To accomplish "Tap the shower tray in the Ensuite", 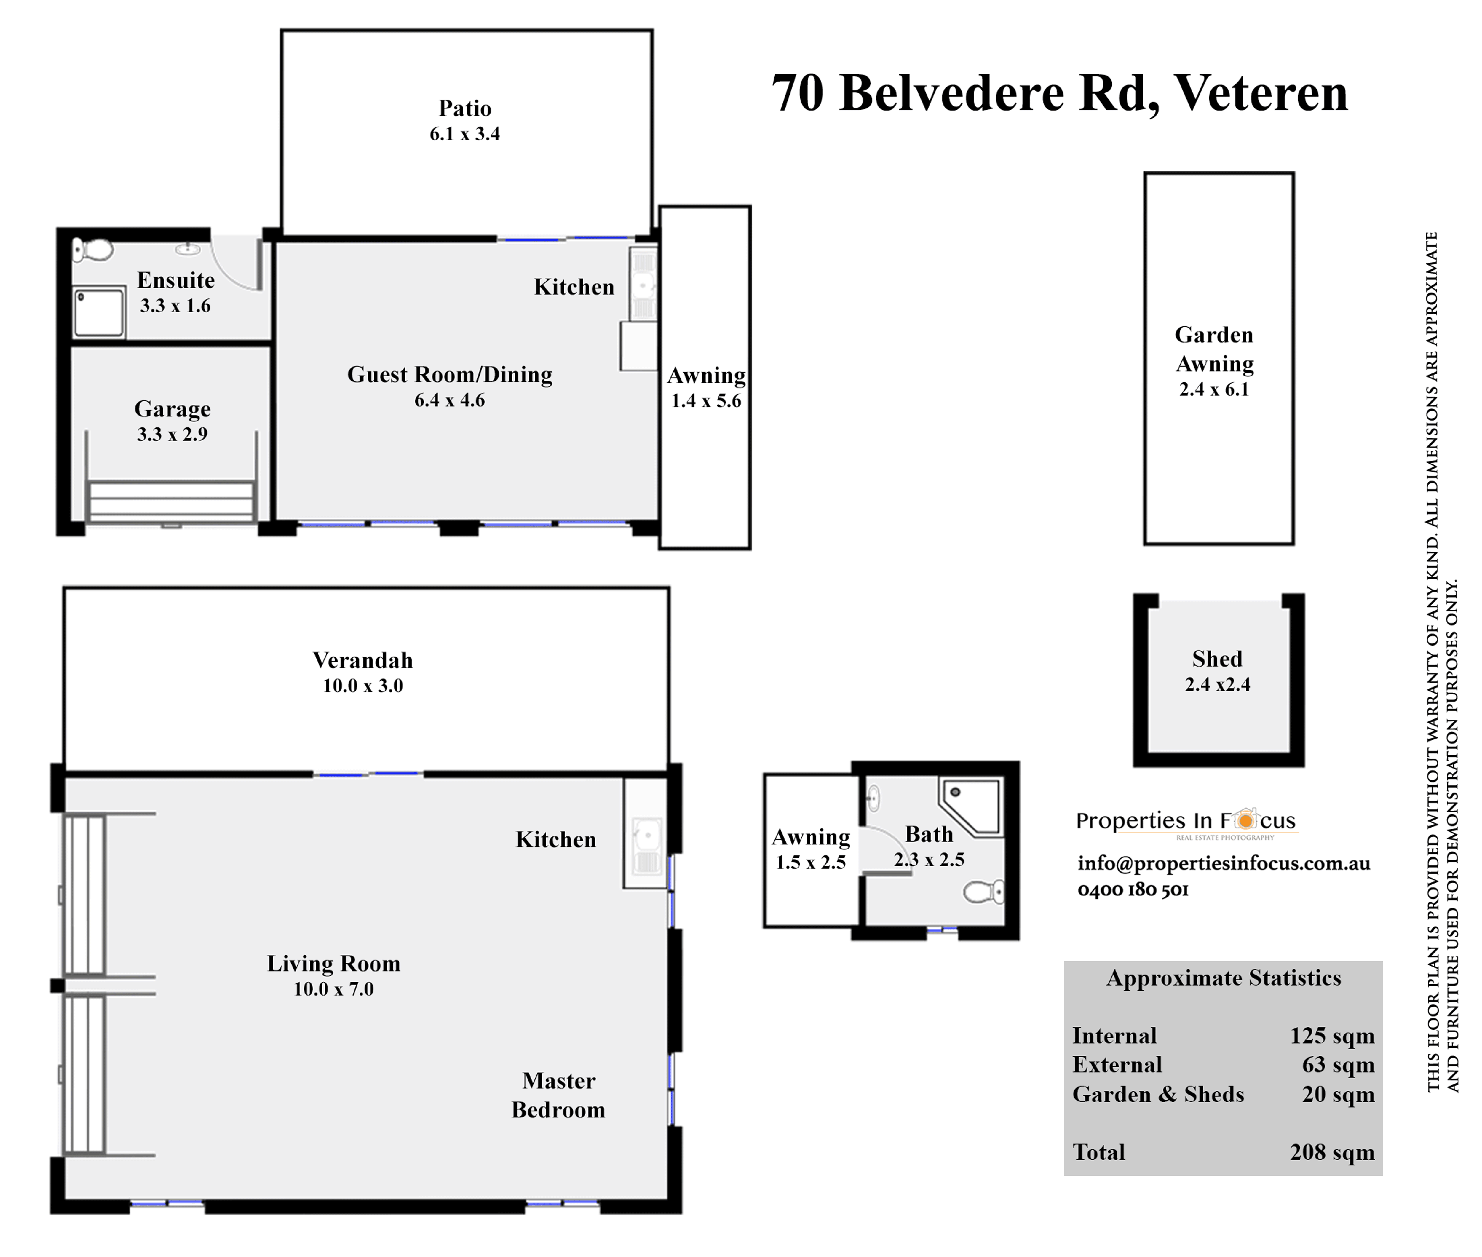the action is coord(99,312).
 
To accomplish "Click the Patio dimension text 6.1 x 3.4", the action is coord(464,134).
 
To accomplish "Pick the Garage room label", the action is coord(173,409).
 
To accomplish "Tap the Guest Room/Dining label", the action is coord(450,375).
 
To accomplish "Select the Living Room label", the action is coord(333,963).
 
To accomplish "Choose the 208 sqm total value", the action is coord(1332,1152).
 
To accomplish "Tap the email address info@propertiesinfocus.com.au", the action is coord(1223,863).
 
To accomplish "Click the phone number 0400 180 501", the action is coord(1133,889).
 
